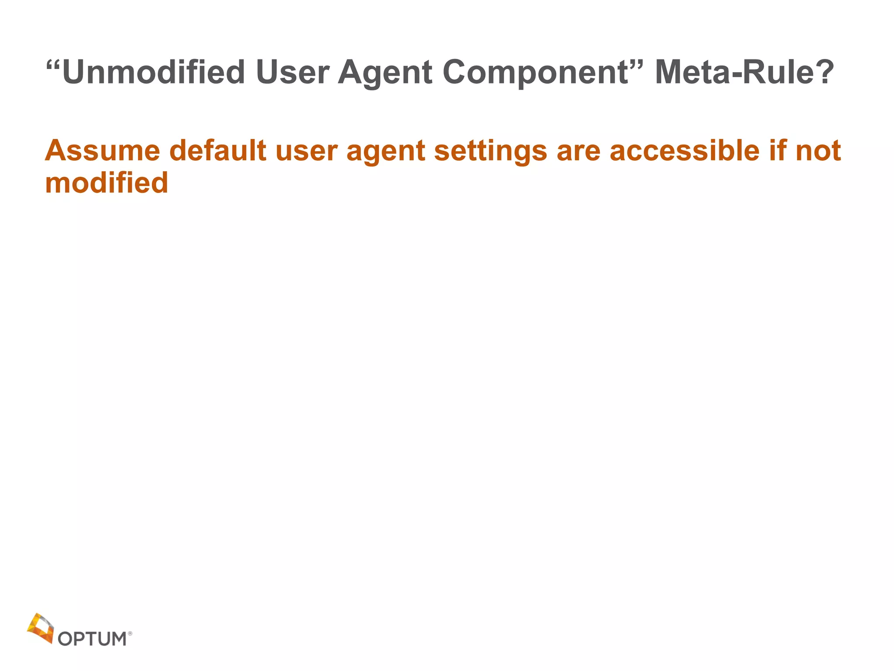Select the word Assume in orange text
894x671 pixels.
[103, 151]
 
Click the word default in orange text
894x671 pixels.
[218, 151]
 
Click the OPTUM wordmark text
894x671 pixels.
[92, 639]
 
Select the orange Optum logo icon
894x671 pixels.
[41, 628]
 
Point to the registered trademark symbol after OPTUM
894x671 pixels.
[130, 633]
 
